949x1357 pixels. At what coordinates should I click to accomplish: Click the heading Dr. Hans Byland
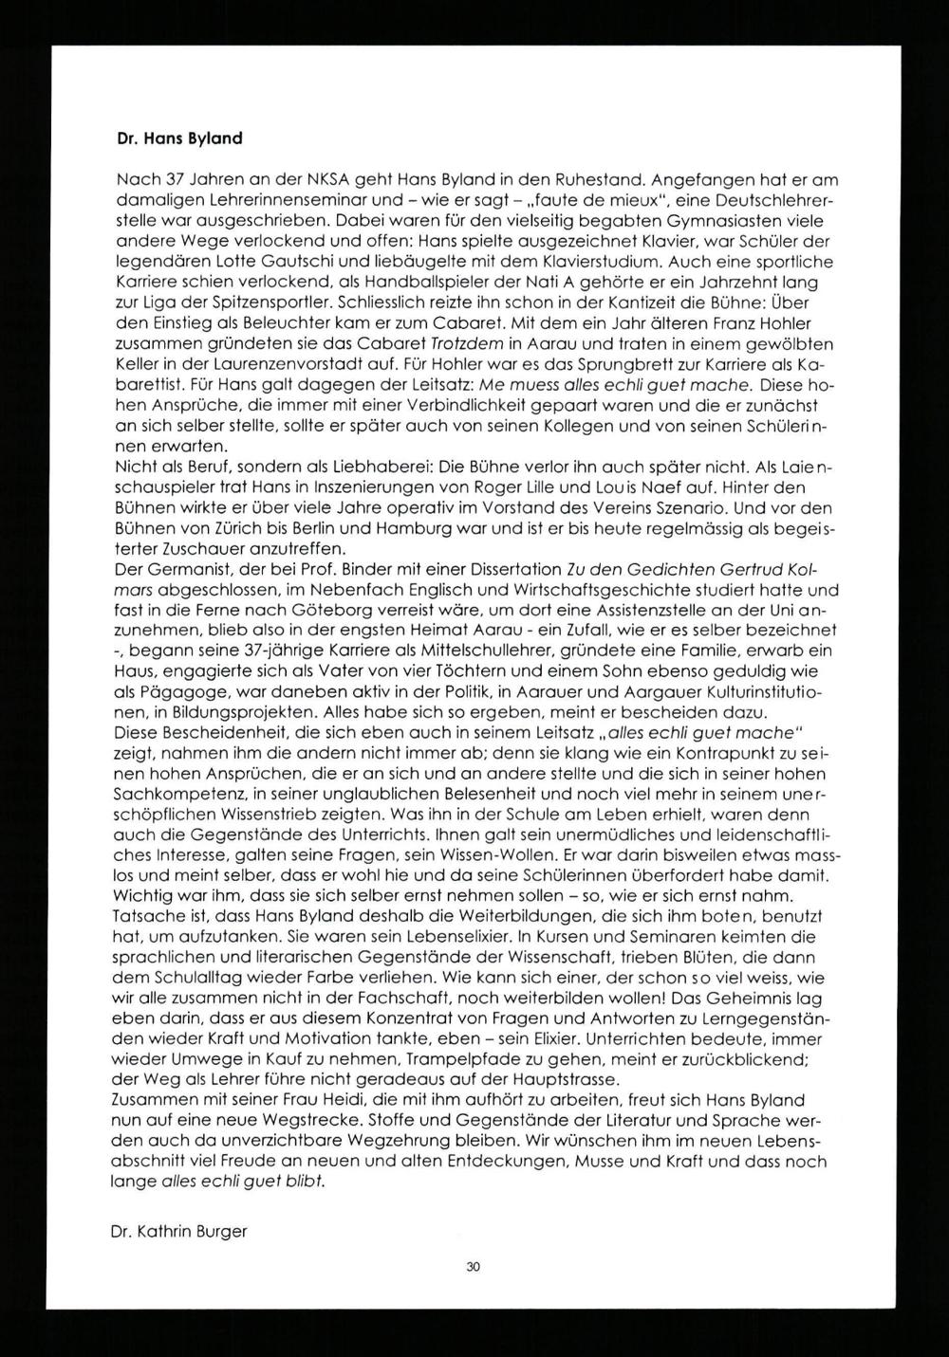[x=178, y=138]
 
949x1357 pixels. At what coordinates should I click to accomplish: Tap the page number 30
[x=474, y=1266]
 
